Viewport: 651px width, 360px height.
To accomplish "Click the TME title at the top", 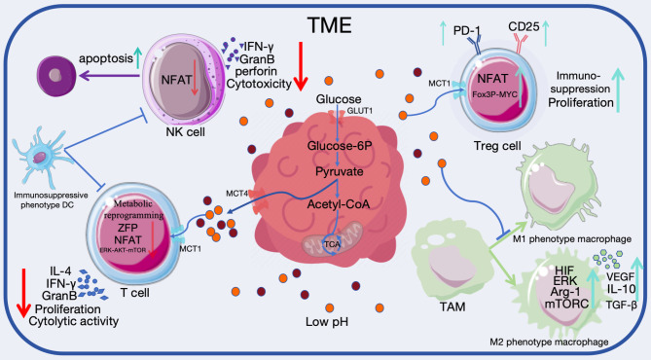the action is [x=330, y=25].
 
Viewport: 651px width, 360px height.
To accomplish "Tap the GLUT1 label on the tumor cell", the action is [x=359, y=111].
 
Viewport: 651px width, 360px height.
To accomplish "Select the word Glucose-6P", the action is [x=340, y=146].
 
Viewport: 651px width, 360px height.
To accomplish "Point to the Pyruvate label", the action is [x=340, y=171].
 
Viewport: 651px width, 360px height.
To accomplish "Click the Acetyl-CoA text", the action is [x=339, y=204].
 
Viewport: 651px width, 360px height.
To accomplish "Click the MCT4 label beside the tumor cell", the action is [x=236, y=194].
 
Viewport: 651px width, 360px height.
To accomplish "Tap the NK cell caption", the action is [x=185, y=132].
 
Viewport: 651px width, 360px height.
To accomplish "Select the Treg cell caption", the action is [x=497, y=146].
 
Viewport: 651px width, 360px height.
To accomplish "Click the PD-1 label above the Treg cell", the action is [x=467, y=31].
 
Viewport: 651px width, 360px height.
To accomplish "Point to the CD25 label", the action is [x=524, y=27].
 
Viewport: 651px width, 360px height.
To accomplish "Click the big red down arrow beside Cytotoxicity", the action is [x=301, y=66].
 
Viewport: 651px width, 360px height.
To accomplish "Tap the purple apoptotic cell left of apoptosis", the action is [x=56, y=76].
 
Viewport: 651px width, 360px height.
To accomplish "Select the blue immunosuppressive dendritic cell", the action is [x=41, y=156].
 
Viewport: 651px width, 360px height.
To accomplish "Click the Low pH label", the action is [x=327, y=322].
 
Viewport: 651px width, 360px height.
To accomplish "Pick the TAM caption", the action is [x=452, y=306].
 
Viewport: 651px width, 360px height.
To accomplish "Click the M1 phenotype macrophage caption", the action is [x=572, y=239].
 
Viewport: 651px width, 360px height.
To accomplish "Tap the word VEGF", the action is [x=620, y=277].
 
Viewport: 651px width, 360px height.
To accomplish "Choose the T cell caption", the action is [x=134, y=293].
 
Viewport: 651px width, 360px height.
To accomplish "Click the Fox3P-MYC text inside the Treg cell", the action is [x=494, y=94].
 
